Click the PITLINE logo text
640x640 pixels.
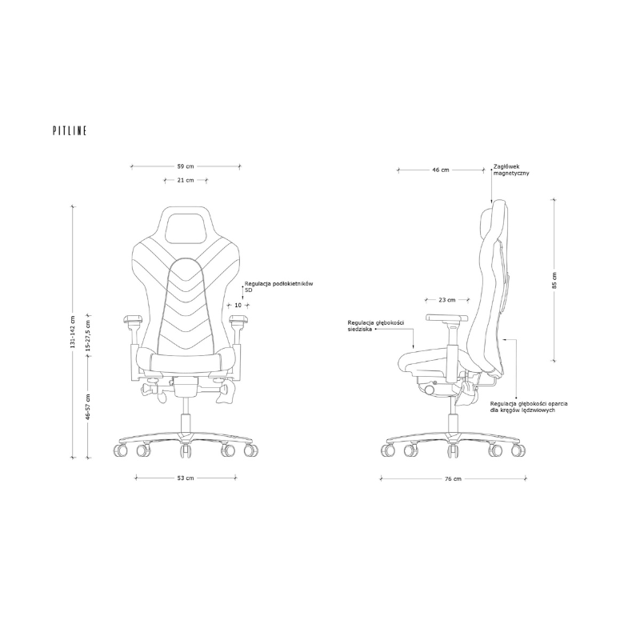[x=70, y=130]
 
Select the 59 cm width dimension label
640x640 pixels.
[x=186, y=166]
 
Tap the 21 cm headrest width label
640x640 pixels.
[x=186, y=180]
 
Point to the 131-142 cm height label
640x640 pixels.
[x=73, y=332]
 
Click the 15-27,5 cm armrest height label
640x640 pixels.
[x=88, y=335]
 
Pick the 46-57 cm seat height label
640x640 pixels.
[x=88, y=407]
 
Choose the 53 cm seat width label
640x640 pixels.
[x=186, y=478]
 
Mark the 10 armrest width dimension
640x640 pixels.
[x=238, y=305]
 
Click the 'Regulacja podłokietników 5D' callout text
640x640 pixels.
[x=278, y=286]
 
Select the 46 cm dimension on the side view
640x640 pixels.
[x=441, y=170]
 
